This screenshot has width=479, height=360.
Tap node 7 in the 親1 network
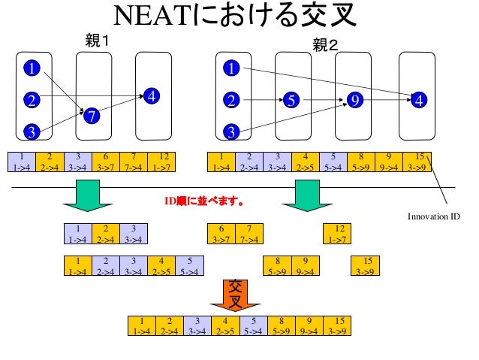pyautogui.click(x=91, y=115)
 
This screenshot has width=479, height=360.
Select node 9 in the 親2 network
pyautogui.click(x=355, y=99)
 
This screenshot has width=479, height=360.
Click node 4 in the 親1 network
pyautogui.click(x=152, y=96)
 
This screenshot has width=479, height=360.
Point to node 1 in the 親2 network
pyautogui.click(x=231, y=69)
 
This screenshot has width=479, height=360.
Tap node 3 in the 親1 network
pyautogui.click(x=32, y=132)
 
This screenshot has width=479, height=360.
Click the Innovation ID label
pyautogui.click(x=434, y=216)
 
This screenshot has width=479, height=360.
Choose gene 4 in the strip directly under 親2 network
pyautogui.click(x=306, y=161)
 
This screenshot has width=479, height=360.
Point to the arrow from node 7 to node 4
pyautogui.click(x=120, y=105)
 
